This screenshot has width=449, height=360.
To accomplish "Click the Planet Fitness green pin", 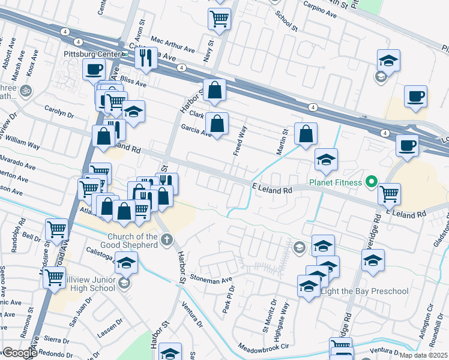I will click(371, 181).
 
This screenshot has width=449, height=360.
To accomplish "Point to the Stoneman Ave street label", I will click(210, 279).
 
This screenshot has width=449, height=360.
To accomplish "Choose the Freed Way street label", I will click(240, 139).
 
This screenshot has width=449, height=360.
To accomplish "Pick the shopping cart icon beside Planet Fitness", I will click(389, 193).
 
